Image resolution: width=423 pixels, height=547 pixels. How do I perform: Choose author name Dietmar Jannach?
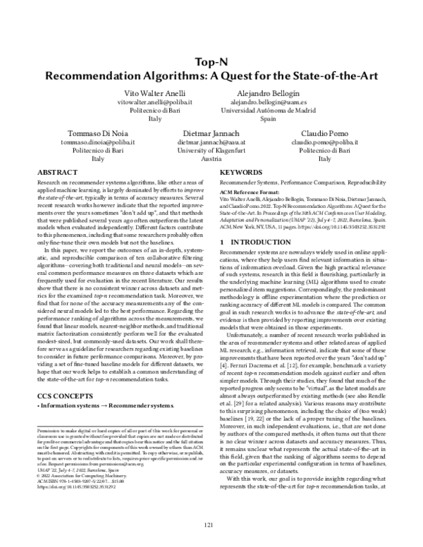pos(211,133)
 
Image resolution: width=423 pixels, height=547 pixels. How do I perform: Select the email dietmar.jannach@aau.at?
pos(211,142)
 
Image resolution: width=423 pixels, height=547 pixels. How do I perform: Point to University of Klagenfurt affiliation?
pos(211,150)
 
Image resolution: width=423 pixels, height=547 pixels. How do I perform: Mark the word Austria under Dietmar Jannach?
pos(211,159)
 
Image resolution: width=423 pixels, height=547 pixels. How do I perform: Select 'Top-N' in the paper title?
pos(211,61)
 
